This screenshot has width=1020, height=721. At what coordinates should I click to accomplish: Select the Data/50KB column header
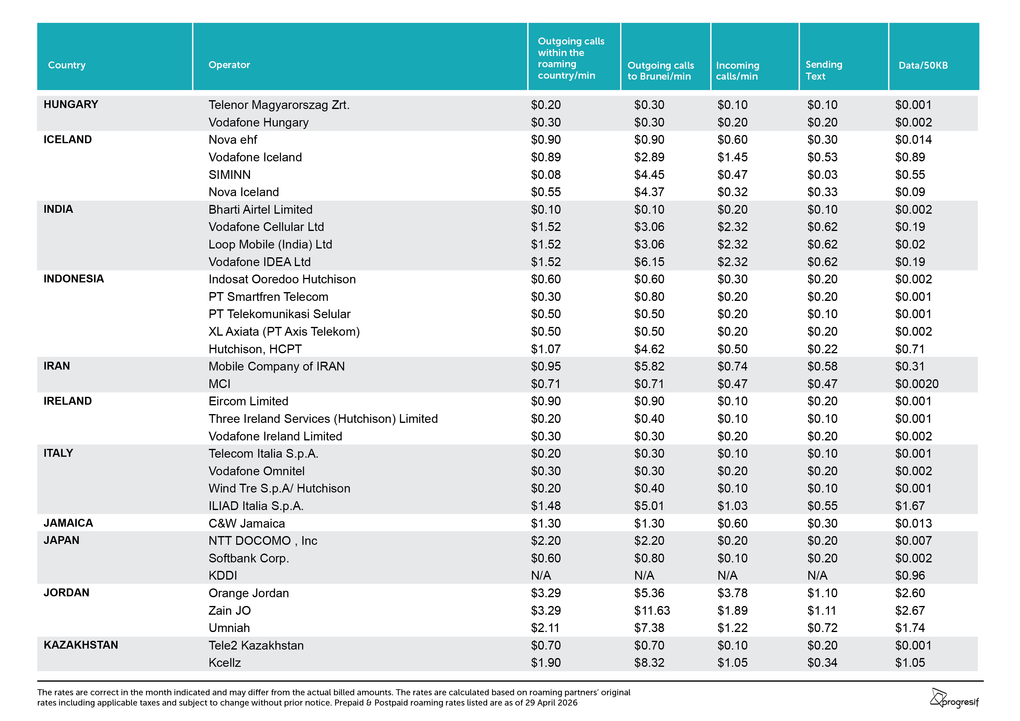pos(923,65)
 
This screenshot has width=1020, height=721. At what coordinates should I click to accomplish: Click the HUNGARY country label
pos(71,104)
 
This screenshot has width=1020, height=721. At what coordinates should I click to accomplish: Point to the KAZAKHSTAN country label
pos(81,645)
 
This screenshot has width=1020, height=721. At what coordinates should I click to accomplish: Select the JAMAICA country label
pos(68,523)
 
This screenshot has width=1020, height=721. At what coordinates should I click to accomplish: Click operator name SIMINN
pos(230,175)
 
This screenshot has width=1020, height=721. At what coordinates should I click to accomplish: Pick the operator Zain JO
pos(230,611)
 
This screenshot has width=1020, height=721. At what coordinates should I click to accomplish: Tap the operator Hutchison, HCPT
pos(255,349)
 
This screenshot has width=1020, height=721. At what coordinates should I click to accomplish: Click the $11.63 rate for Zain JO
pos(652,611)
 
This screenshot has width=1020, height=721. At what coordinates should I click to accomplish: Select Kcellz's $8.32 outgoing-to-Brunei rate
pos(649,663)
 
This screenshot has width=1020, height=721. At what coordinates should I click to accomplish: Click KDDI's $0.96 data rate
pos(910,576)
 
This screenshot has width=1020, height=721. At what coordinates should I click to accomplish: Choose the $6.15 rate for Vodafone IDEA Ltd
pos(649,262)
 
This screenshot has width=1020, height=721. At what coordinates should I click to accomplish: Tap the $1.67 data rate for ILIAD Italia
pos(910,506)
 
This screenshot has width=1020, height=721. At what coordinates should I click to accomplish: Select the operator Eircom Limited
pos(248,401)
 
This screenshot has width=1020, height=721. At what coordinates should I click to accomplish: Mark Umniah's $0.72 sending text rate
pos(822,628)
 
